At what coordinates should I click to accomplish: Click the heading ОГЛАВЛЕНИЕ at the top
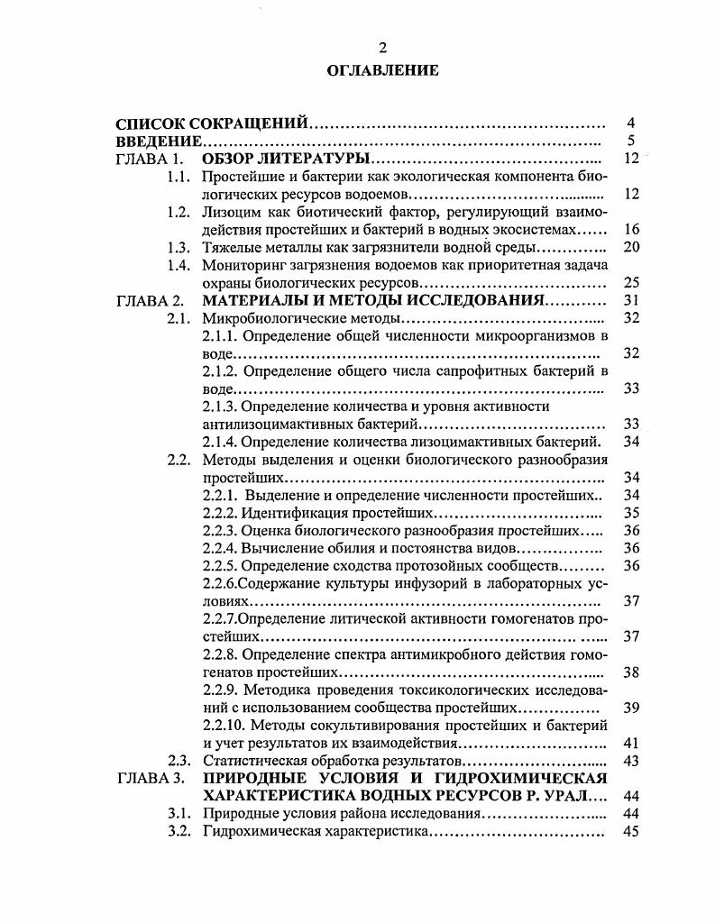click(x=382, y=70)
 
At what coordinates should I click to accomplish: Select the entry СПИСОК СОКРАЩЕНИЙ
click(x=214, y=123)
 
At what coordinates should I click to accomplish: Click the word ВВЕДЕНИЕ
click(x=158, y=141)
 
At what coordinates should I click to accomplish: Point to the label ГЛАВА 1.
click(x=151, y=159)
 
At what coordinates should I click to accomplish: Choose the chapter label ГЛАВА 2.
click(x=151, y=300)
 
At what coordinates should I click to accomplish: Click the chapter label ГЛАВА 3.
click(x=151, y=778)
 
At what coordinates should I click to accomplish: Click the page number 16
click(x=631, y=229)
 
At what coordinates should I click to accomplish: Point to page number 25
click(x=631, y=282)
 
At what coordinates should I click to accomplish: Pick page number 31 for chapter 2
click(x=631, y=300)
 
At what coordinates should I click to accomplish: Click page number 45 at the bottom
click(x=631, y=831)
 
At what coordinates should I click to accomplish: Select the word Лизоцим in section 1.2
click(x=232, y=212)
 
